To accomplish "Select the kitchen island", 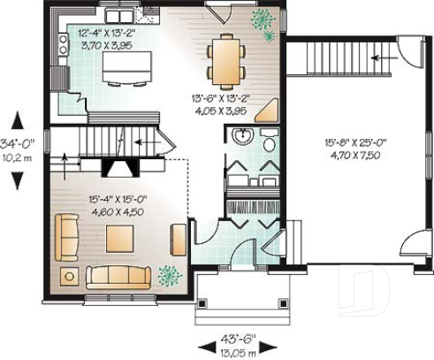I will point(125,67).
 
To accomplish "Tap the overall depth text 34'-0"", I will point(17,142).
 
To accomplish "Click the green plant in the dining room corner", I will point(262,20).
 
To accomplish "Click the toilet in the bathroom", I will point(268,140).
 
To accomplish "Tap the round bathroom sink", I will point(243,137).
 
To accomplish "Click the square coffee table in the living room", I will point(119,237).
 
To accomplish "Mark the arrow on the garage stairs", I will point(380,57).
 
